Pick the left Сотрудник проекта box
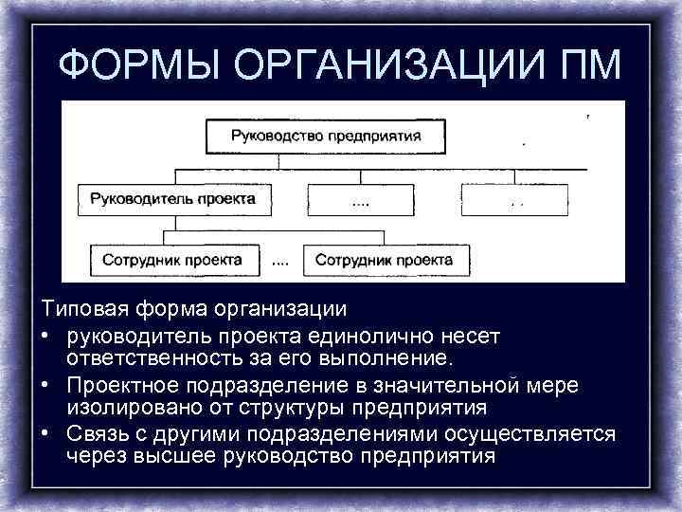[180, 259]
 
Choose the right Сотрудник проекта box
[384, 259]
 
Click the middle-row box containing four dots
[361, 201]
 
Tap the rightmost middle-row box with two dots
[514, 201]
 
